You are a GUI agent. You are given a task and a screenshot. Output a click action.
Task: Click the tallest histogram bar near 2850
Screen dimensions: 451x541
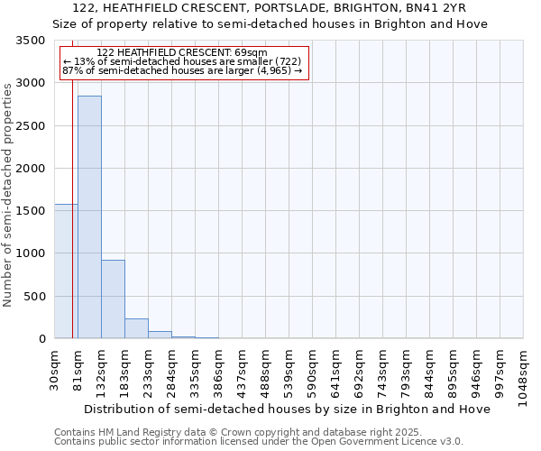pos(89,216)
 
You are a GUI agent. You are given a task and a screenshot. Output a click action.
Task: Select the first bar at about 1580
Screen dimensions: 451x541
pos(66,271)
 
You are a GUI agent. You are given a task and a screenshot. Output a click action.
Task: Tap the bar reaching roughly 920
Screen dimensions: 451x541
pos(113,299)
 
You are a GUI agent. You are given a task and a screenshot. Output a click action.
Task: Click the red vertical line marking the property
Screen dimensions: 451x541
pos(72,198)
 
